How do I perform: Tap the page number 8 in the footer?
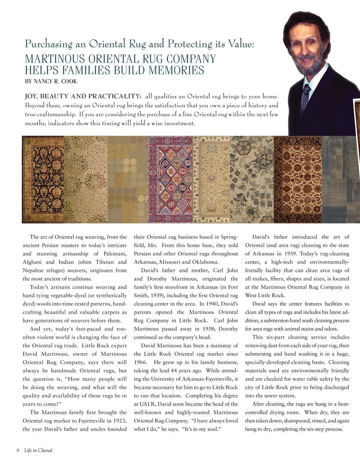[x=18, y=450]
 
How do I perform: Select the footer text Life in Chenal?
[x=38, y=450]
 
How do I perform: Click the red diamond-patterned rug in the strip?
[x=170, y=179]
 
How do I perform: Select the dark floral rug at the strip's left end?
[x=43, y=179]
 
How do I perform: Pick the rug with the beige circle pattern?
[x=127, y=179]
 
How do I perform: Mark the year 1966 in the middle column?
[x=141, y=362]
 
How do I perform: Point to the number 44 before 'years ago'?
[x=180, y=370]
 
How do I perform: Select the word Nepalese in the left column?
[x=34, y=270]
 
